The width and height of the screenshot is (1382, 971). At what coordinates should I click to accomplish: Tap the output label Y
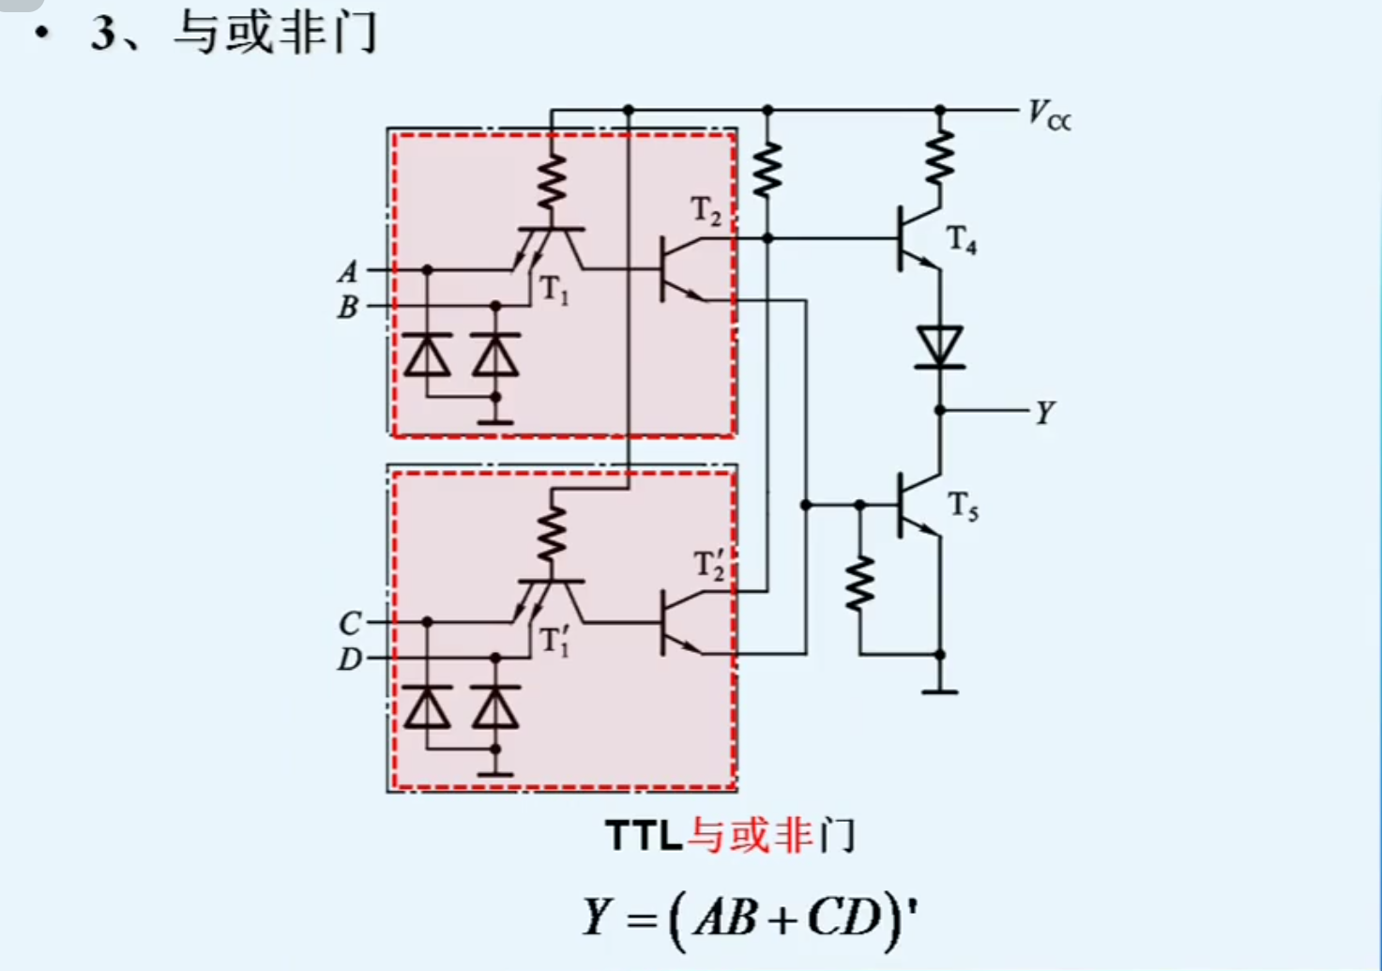tap(1044, 412)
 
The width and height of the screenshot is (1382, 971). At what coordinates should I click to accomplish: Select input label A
tap(348, 272)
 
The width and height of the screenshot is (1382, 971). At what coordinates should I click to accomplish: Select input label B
tap(348, 307)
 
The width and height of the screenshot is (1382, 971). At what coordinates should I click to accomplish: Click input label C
tap(349, 623)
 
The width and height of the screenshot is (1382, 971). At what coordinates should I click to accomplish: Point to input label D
tap(349, 660)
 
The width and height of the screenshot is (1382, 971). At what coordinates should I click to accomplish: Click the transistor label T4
tap(962, 240)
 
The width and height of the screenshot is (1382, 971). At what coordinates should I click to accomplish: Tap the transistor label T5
tap(963, 507)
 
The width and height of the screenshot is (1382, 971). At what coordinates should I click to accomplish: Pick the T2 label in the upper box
tap(706, 211)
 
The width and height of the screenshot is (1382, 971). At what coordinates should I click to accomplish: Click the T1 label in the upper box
tap(554, 291)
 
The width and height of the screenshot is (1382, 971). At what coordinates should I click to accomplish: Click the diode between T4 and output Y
tap(939, 347)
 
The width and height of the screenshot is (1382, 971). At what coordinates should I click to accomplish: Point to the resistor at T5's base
tap(859, 583)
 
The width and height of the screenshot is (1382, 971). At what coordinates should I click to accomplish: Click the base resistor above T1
tap(552, 183)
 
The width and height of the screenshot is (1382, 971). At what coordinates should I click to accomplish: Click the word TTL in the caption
tap(644, 836)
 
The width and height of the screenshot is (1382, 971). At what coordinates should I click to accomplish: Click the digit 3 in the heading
tap(103, 34)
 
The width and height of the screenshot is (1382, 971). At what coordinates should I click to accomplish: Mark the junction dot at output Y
tap(939, 411)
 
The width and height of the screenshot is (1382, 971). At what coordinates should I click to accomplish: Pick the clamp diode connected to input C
tap(427, 707)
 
